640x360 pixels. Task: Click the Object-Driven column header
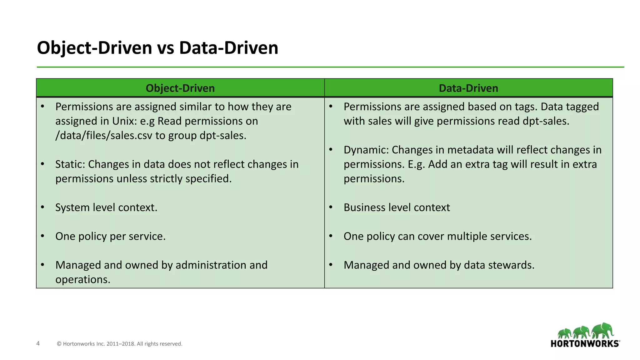click(x=180, y=88)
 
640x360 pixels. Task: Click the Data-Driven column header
click(x=468, y=88)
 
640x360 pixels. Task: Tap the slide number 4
click(x=38, y=343)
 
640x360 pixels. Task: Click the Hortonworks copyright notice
click(x=119, y=344)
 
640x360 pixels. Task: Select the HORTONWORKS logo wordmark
click(x=585, y=344)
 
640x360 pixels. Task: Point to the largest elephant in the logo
click(x=603, y=331)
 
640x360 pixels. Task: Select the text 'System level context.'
click(x=106, y=207)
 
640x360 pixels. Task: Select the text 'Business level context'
click(x=397, y=207)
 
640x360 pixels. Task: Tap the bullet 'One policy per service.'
click(x=110, y=236)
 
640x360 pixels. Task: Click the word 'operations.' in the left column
click(x=83, y=279)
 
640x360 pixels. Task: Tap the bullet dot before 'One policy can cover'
click(x=331, y=236)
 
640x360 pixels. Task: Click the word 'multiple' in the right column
click(x=469, y=236)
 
